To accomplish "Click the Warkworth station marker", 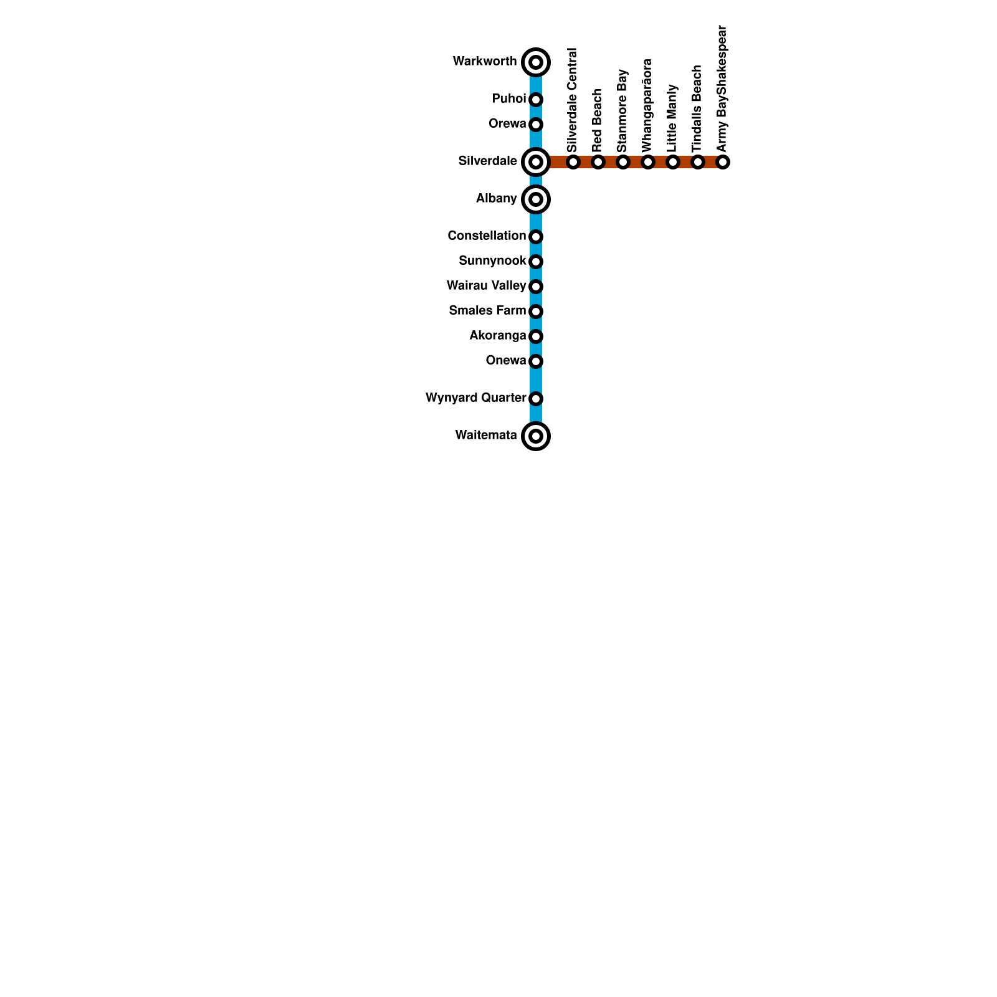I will coord(536,62).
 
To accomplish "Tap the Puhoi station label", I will coord(508,99).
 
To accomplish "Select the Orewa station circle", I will coord(536,125).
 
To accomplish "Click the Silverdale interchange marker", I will coord(536,162).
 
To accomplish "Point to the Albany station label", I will coord(496,199).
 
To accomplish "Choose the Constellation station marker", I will coord(536,237).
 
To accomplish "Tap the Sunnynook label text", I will coord(492,260).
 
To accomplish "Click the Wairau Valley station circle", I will coord(536,287).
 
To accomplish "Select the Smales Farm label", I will coord(487,310).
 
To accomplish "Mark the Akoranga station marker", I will coord(536,336).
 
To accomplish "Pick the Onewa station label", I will coord(505,360).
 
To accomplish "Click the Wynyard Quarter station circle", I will coord(536,399).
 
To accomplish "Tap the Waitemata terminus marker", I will coord(536,436).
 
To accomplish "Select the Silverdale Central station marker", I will coord(573,162).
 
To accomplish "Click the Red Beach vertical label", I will coord(598,121).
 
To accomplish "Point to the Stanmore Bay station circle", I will coord(623,162).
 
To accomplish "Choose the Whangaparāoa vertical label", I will coord(647,105).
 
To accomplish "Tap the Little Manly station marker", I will coord(673,162).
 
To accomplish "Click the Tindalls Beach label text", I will coord(697,108).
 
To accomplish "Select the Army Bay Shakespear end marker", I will coord(723,162).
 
